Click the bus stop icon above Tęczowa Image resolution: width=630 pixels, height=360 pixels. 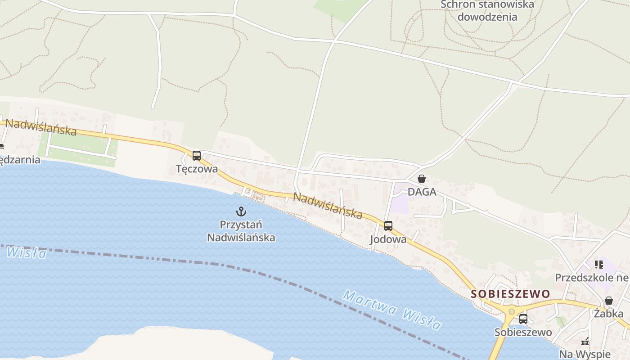pos(196,156)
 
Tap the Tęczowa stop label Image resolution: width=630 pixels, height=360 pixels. pos(197,169)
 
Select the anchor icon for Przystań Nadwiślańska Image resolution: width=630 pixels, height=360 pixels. pos(241,211)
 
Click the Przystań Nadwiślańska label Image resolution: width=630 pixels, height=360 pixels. pos(241,231)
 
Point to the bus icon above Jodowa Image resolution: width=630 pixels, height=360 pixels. pos(388,226)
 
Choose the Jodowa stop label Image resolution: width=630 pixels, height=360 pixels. pos(388,239)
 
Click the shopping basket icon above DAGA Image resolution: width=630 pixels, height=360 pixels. pos(422,179)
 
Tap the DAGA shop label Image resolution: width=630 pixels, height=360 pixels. pos(422,192)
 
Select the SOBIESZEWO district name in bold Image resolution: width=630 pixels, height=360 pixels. pos(510,294)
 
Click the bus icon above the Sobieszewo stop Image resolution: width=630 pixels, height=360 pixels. pos(523,319)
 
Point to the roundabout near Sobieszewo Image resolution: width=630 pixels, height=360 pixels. pos(511,311)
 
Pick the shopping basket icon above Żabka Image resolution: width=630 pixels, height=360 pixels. pos(608,301)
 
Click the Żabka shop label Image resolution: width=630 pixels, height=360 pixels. pos(608,314)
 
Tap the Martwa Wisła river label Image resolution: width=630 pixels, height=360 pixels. pos(392,310)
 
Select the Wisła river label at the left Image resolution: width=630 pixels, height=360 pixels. pos(27,252)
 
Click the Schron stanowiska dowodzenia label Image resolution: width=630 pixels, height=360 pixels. pos(487,11)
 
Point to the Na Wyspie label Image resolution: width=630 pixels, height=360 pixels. pos(585,354)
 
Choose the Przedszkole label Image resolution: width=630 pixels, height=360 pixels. pos(591,277)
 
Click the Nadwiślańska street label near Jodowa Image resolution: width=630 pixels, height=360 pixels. pos(328,205)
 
